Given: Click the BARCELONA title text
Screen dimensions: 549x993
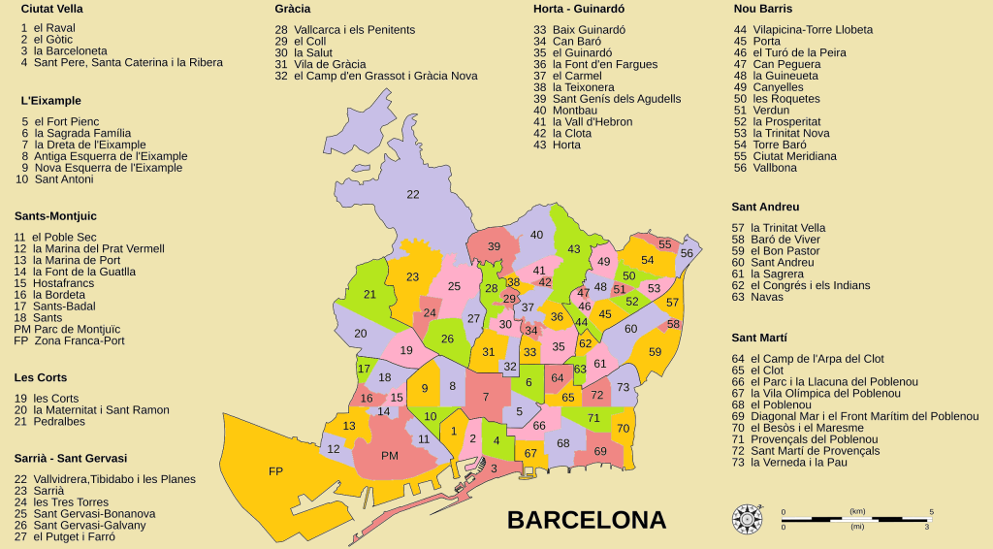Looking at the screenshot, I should pyautogui.click(x=587, y=520).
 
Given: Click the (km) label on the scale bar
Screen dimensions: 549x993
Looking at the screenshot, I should pyautogui.click(x=857, y=510).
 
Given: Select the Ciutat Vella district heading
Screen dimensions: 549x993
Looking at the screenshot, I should pyautogui.click(x=51, y=9).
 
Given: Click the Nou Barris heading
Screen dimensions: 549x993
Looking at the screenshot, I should pyautogui.click(x=763, y=9).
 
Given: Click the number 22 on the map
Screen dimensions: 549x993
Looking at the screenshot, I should pyautogui.click(x=413, y=195).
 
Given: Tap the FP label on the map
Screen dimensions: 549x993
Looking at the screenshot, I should pyautogui.click(x=275, y=471).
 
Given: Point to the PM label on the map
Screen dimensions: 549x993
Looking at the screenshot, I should pyautogui.click(x=390, y=456).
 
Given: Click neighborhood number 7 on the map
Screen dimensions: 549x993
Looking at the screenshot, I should pyautogui.click(x=485, y=397).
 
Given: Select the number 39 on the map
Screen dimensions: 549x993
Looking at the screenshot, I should pyautogui.click(x=494, y=247).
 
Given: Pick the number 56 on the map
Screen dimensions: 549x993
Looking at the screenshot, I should pyautogui.click(x=687, y=253).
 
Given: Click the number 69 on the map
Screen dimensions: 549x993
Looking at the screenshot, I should pyautogui.click(x=600, y=451).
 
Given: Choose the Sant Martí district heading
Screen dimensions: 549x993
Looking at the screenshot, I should pyautogui.click(x=758, y=338).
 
